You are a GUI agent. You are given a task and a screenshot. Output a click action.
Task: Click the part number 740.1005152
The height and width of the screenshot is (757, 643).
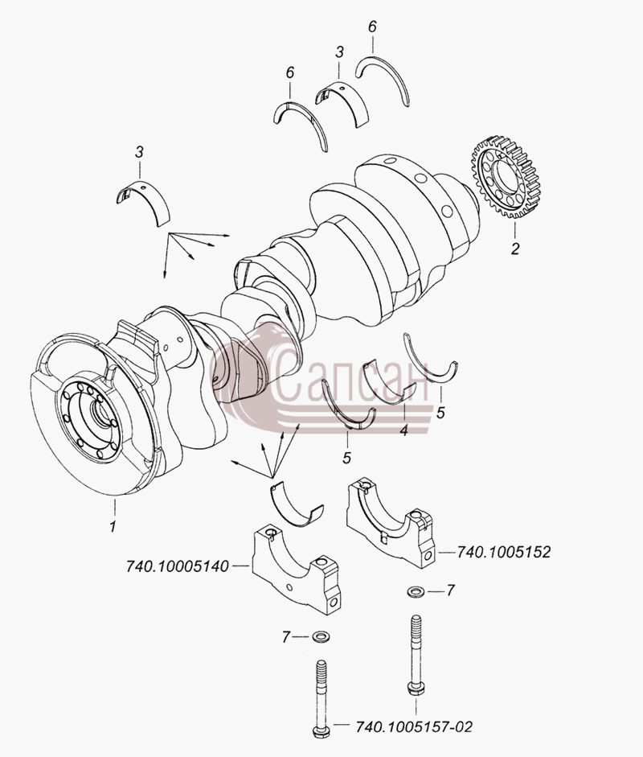(x=503, y=551)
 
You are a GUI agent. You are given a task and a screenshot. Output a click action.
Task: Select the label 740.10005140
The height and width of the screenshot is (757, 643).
(x=177, y=566)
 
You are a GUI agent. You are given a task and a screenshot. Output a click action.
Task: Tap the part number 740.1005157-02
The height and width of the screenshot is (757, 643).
(x=414, y=726)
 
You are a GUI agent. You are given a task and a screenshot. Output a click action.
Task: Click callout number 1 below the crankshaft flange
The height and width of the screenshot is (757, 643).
(x=113, y=526)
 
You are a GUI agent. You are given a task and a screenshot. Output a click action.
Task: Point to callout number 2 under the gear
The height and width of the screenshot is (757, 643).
(x=515, y=249)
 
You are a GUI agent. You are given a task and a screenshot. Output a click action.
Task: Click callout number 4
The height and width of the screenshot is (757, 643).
(x=403, y=430)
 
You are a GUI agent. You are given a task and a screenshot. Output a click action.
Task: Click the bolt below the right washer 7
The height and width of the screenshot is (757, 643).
(x=416, y=655)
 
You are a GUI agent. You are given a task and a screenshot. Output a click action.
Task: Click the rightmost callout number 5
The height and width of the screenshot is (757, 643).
(x=440, y=413)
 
